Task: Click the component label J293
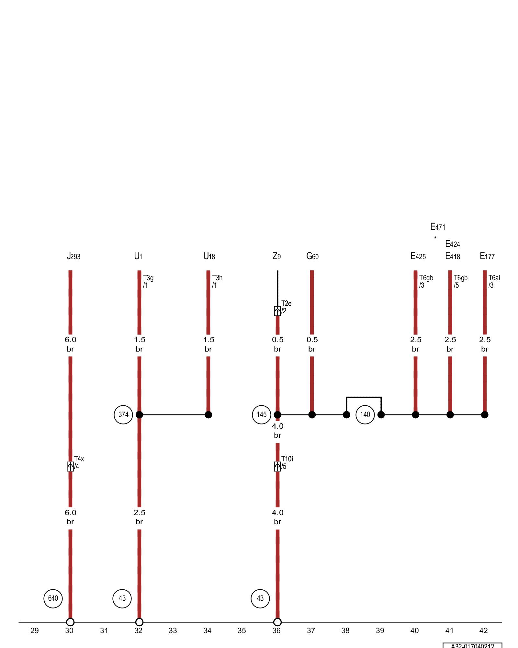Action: coord(73,257)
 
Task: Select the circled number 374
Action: coord(123,414)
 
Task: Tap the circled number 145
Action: coord(262,414)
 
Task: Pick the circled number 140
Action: coord(365,414)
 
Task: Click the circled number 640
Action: coord(53,598)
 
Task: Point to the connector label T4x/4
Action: coord(79,463)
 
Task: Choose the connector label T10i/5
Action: coord(287,463)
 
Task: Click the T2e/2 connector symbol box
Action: coord(277,311)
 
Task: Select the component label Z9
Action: coord(276,257)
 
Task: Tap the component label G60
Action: coord(312,257)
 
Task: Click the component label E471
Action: coord(438,227)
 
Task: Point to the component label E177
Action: coord(487,257)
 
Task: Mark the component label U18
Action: coord(209,257)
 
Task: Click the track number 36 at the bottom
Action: coord(276,631)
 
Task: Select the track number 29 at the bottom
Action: coord(35,631)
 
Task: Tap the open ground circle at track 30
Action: coord(70,622)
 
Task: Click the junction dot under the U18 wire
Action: coord(208,415)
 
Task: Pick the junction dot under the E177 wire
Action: coord(485,415)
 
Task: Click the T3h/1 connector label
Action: coord(217,281)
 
